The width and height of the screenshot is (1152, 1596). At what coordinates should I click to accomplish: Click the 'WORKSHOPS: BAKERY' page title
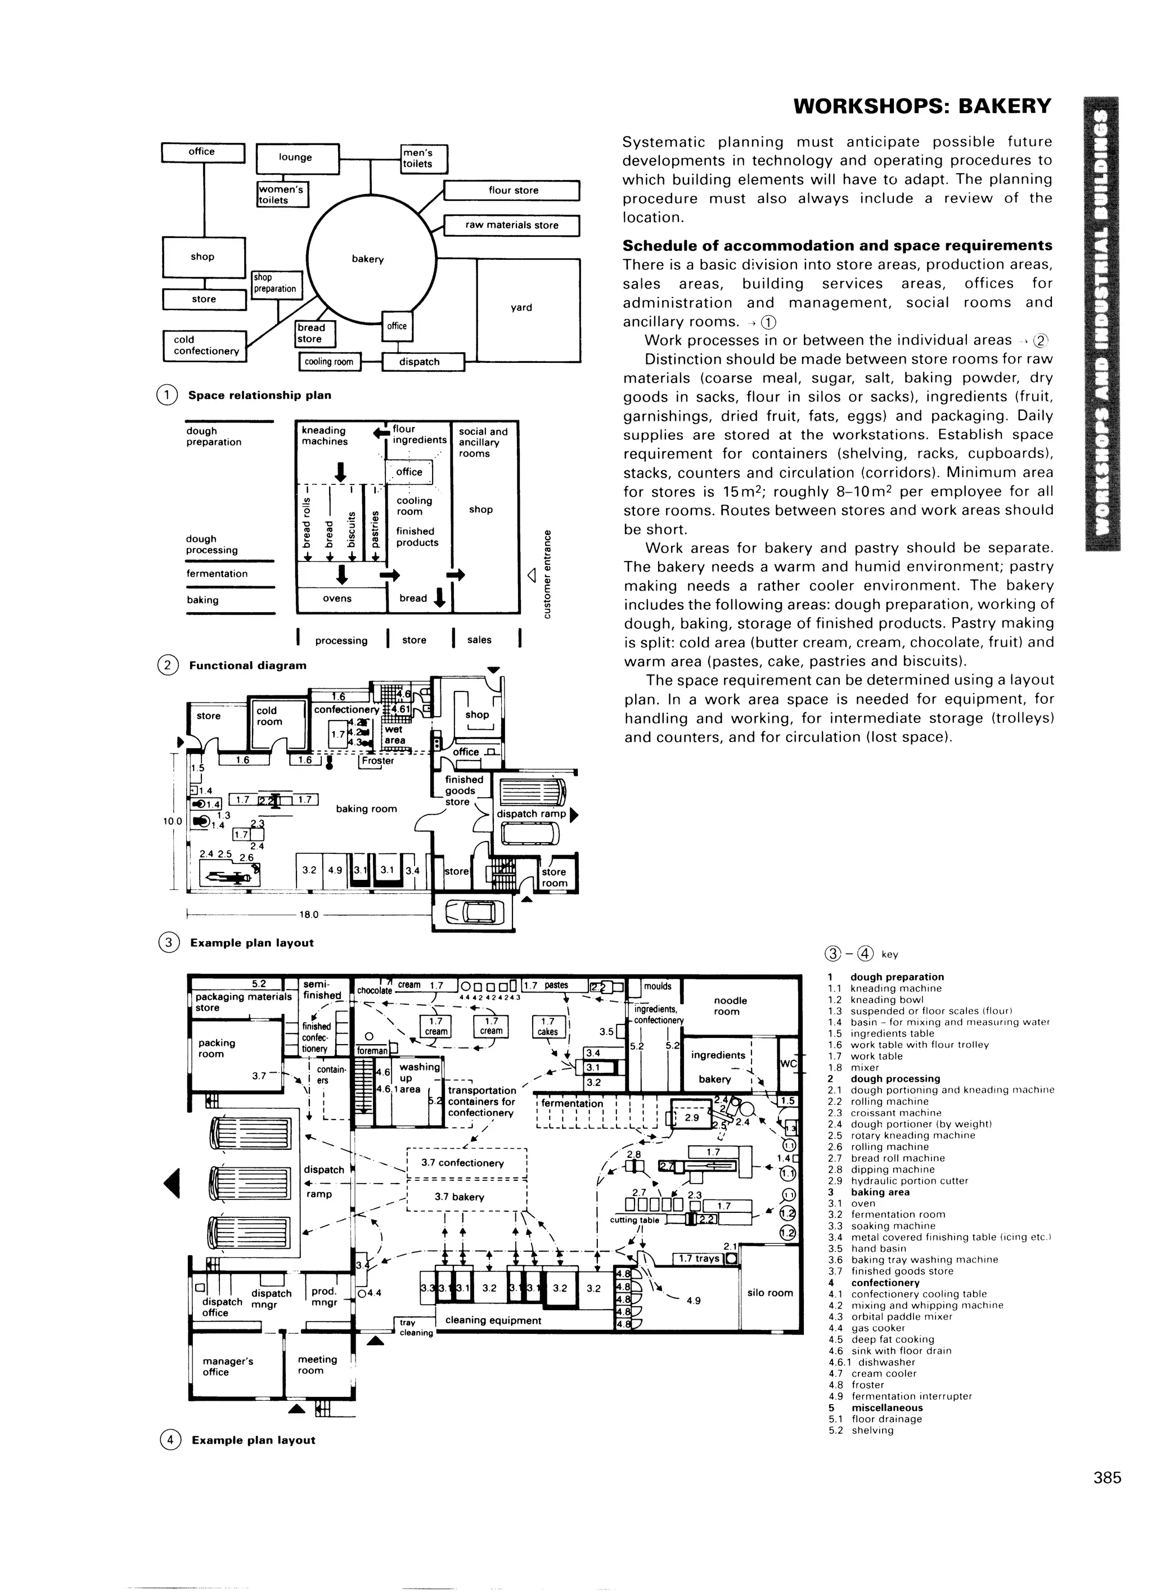(922, 106)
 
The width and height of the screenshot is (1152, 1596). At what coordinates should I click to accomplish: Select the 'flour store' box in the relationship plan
(513, 191)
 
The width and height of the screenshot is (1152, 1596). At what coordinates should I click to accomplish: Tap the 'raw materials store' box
(512, 225)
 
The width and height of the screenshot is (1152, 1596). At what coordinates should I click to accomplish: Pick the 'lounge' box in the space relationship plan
(295, 158)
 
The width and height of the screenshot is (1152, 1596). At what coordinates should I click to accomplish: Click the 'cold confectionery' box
(205, 345)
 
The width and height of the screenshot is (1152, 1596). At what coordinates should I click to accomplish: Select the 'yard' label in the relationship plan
(521, 308)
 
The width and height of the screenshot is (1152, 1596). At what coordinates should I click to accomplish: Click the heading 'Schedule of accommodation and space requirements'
(838, 246)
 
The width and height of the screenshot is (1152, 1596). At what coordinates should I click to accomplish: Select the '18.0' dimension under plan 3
(309, 915)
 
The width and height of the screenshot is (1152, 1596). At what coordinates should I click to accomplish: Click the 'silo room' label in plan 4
(770, 1293)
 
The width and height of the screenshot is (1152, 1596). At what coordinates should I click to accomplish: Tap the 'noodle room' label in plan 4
(730, 1006)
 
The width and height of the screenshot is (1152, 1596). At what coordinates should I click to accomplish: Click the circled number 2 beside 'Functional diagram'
(168, 665)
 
